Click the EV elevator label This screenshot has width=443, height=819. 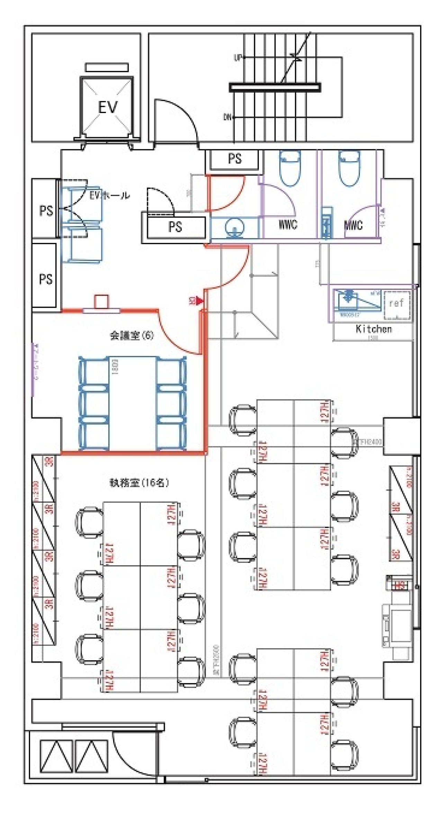(108, 108)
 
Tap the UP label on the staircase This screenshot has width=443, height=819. (237, 58)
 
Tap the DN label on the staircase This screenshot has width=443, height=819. (227, 118)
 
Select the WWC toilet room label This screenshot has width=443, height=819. (288, 225)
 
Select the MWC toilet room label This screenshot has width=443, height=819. (353, 225)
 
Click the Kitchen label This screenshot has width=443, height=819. (374, 329)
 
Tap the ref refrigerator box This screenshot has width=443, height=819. (397, 305)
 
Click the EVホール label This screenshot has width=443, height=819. (110, 196)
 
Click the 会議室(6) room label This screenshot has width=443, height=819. (132, 335)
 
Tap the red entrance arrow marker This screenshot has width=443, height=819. (199, 301)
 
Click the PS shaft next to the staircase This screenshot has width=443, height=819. (235, 159)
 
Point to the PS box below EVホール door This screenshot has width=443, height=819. (175, 227)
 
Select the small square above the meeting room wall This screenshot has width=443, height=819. (101, 301)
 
